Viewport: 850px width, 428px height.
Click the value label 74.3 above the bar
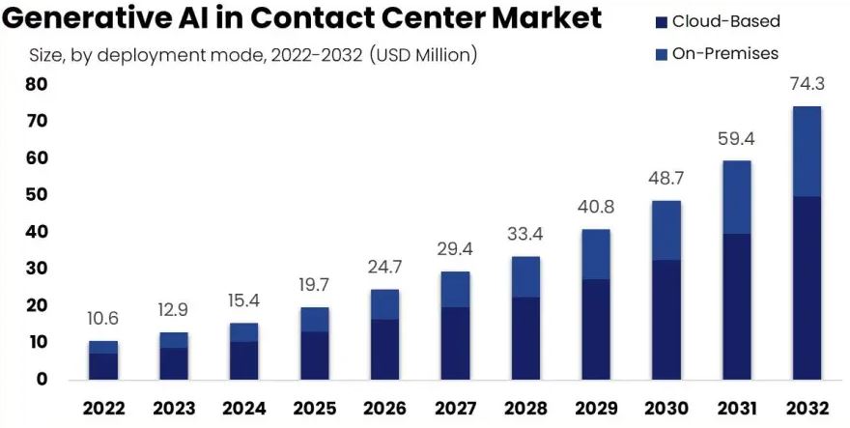coord(807,85)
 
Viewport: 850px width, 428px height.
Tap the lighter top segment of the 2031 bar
coord(736,197)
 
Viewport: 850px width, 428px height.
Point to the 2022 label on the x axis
coord(103,408)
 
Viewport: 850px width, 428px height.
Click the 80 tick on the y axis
coord(36,84)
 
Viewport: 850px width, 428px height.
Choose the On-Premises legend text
coord(724,54)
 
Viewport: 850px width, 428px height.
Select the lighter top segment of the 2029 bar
coord(595,254)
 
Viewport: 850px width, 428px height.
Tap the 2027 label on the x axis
coord(455,408)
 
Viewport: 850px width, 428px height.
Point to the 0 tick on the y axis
coord(42,379)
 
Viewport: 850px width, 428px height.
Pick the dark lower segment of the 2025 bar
coord(314,355)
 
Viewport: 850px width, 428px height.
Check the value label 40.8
coord(595,208)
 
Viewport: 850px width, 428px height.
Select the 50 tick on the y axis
coord(36,195)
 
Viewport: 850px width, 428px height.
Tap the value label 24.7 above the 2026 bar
coord(384,269)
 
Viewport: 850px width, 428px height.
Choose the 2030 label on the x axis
coord(666,408)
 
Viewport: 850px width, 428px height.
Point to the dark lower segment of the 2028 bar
coord(525,337)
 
